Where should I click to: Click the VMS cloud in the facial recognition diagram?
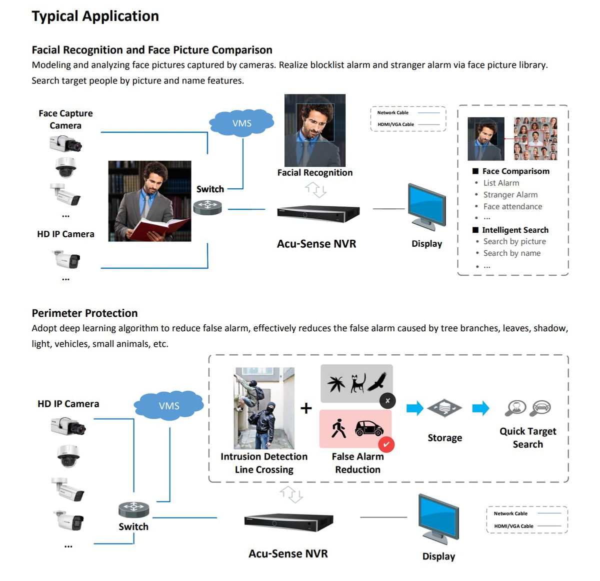242,123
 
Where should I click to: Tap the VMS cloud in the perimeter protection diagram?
169,406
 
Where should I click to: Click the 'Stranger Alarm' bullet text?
510,195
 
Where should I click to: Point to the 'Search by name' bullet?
511,253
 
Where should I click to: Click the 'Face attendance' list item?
512,206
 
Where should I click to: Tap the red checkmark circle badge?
386,444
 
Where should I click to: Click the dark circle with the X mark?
387,400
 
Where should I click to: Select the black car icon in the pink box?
369,428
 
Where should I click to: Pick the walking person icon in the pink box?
338,428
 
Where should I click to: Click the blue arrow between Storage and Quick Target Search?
480,408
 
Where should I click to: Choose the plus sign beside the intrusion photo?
306,408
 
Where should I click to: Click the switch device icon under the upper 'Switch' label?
207,207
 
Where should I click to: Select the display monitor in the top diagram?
426,207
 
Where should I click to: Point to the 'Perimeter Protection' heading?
84,313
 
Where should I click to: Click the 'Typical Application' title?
95,16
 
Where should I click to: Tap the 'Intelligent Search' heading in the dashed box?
515,230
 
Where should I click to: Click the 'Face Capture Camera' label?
65,119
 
